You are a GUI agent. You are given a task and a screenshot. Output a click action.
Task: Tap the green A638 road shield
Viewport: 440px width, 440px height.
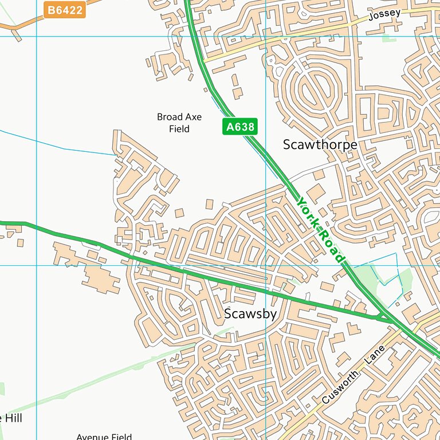[x=239, y=127]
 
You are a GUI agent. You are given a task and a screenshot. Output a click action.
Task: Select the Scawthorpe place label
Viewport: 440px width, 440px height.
[x=320, y=145]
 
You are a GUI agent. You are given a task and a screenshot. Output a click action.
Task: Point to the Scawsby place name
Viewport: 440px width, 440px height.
[x=250, y=314]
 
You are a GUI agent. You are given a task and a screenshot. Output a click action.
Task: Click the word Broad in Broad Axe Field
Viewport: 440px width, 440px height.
[x=170, y=117]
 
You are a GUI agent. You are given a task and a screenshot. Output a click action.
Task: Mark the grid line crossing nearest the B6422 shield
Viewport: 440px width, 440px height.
[x=37, y=36]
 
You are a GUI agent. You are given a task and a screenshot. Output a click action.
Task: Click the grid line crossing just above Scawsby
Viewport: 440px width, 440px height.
[x=266, y=265]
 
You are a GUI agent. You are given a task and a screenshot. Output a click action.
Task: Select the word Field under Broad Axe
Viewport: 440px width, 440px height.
[x=179, y=129]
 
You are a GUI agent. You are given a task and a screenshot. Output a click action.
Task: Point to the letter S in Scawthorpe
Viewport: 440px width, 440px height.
[x=287, y=145]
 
